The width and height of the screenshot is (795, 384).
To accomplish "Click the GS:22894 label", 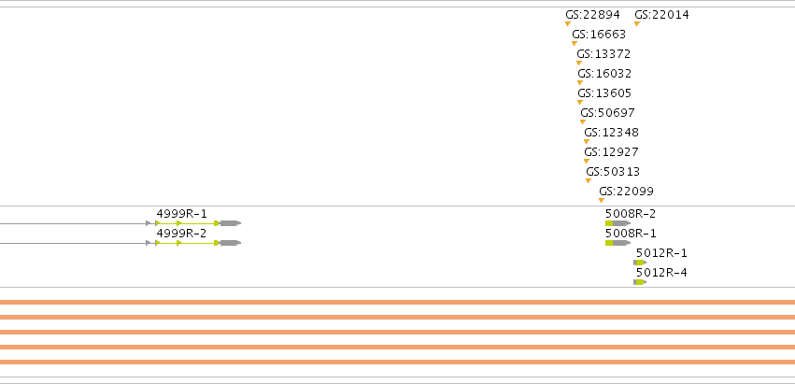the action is pyautogui.click(x=592, y=15).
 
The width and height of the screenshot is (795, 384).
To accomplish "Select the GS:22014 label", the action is pyautogui.click(x=661, y=15).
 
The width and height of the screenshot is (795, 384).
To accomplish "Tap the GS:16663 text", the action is pyautogui.click(x=599, y=35).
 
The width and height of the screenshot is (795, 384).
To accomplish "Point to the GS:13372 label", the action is pyautogui.click(x=603, y=54).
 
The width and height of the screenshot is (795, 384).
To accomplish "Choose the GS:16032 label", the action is pyautogui.click(x=604, y=74).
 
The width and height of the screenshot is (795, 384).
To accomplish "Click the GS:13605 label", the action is pyautogui.click(x=604, y=93).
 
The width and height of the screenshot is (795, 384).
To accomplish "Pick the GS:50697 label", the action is pyautogui.click(x=607, y=113).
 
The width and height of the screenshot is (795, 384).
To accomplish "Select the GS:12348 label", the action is pyautogui.click(x=612, y=133).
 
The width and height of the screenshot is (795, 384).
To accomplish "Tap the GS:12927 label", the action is pyautogui.click(x=612, y=152).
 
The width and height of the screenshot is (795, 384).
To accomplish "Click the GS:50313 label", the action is pyautogui.click(x=613, y=172).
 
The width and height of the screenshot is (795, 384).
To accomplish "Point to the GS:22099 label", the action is pyautogui.click(x=626, y=192).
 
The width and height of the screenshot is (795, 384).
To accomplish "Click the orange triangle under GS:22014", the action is pyautogui.click(x=637, y=23).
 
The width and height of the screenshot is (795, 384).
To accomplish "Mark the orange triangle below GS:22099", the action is pyautogui.click(x=602, y=200).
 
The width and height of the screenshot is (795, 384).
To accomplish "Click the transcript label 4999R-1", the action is pyautogui.click(x=181, y=214).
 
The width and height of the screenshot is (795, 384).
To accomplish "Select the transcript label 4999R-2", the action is pyautogui.click(x=181, y=234).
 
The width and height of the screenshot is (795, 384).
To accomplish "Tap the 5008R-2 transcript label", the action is pyautogui.click(x=631, y=214).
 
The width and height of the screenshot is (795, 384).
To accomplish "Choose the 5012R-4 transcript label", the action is pyautogui.click(x=661, y=273).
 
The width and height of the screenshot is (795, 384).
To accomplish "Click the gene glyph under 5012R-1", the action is pyautogui.click(x=640, y=263).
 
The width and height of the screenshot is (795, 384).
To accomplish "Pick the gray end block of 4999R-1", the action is pyautogui.click(x=231, y=223).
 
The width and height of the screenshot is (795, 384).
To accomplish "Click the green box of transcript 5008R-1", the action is pyautogui.click(x=609, y=243).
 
